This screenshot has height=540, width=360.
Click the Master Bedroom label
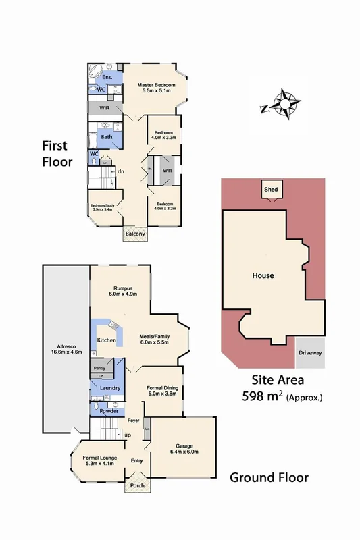tap(157, 85)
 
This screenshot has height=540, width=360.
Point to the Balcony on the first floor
tap(134, 234)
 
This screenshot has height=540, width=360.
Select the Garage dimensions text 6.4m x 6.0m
tap(183, 452)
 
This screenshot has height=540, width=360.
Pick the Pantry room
tap(99, 369)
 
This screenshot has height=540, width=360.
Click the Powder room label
tap(109, 412)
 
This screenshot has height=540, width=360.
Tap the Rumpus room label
tap(123, 288)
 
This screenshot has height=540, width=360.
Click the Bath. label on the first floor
tap(107, 137)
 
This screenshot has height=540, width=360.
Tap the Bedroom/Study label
tap(105, 207)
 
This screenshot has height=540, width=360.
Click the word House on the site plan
tap(263, 275)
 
